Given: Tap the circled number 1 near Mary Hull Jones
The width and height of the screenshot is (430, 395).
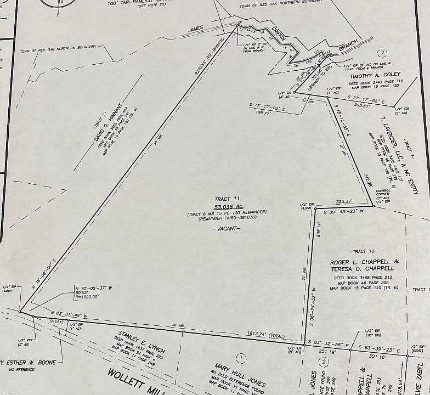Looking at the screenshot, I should (239, 359).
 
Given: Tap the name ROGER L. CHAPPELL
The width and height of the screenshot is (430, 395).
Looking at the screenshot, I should (365, 263).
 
